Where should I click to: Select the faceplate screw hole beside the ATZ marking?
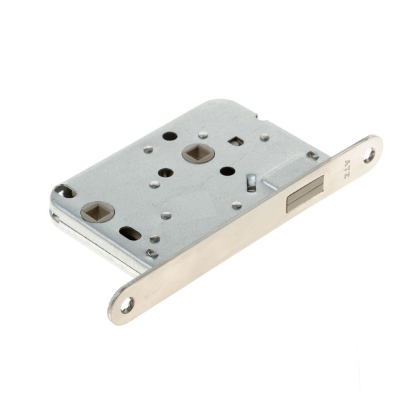click(x=369, y=156)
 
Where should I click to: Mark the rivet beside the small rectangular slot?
click(x=265, y=137)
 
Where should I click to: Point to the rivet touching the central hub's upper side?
click(x=202, y=136)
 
